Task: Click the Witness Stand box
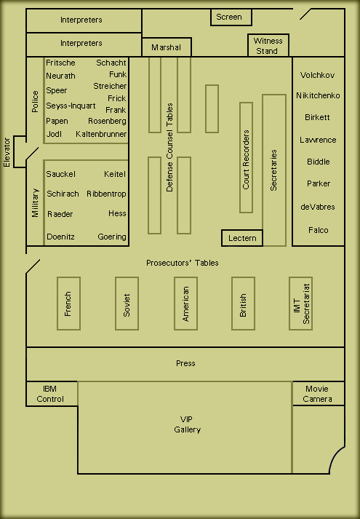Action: (x=268, y=45)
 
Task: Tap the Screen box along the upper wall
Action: (x=231, y=17)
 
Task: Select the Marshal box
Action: (x=167, y=47)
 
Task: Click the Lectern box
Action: (x=242, y=238)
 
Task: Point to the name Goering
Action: (x=112, y=237)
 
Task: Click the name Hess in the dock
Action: (x=117, y=213)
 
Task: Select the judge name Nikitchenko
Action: (x=318, y=95)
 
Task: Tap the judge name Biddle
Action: (x=318, y=162)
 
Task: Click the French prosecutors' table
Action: (x=69, y=304)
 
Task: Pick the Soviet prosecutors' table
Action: (x=127, y=304)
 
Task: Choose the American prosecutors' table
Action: (x=185, y=304)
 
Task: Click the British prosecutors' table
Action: (x=244, y=304)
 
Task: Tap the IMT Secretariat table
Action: (x=301, y=304)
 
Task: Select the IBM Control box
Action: (x=52, y=394)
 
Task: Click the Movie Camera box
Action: (x=319, y=394)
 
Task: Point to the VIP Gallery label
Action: (x=187, y=424)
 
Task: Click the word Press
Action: (x=185, y=363)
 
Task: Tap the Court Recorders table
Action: (x=247, y=157)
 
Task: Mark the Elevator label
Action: (x=7, y=152)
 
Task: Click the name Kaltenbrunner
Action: (x=101, y=134)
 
